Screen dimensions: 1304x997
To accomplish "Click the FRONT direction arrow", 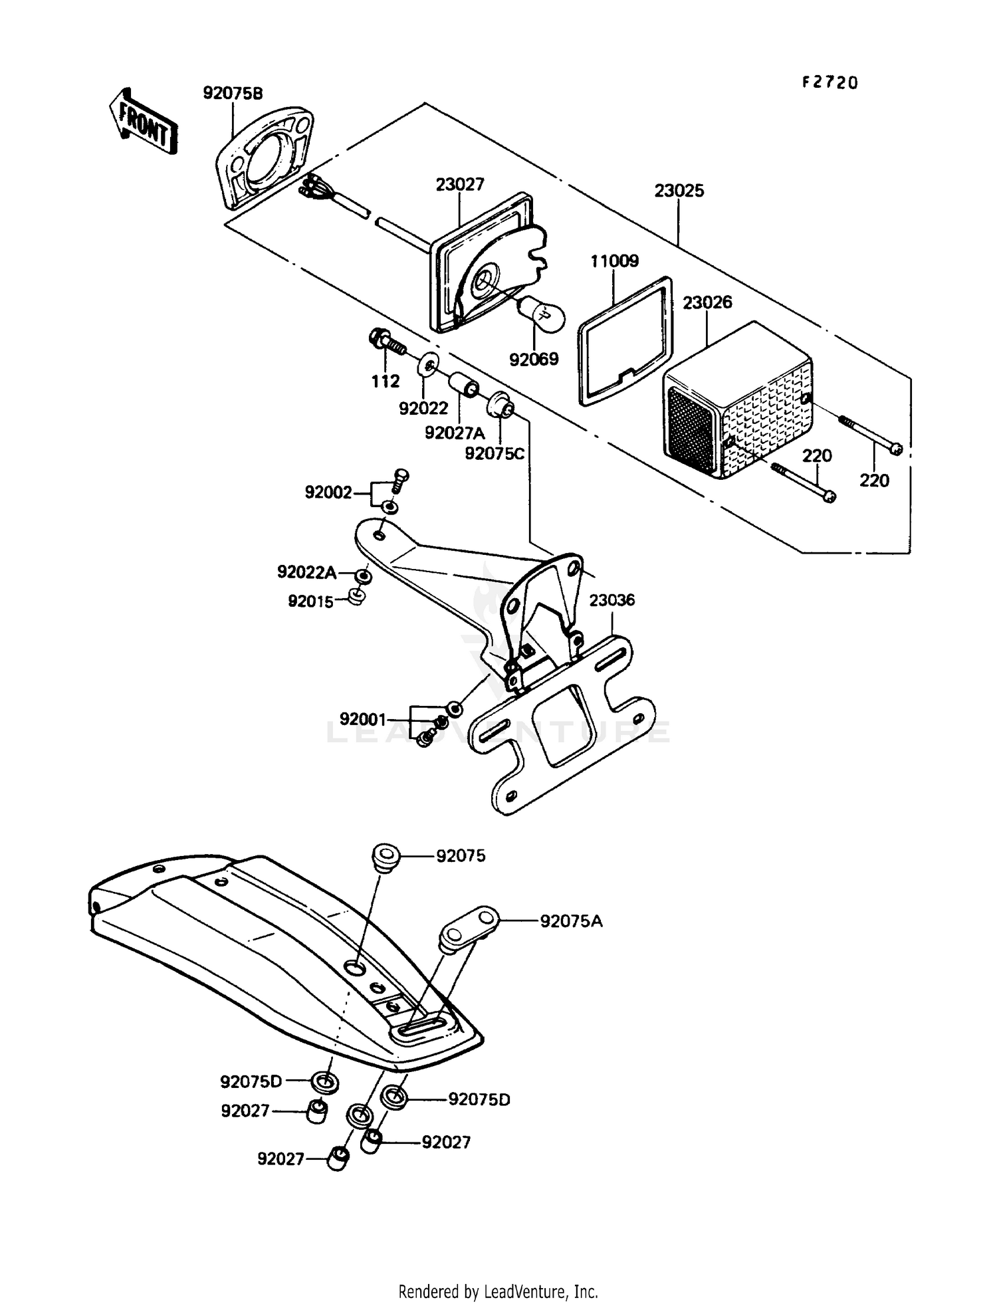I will click(143, 120).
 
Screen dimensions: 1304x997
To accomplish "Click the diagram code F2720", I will click(830, 82).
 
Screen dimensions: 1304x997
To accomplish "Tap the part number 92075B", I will click(233, 94).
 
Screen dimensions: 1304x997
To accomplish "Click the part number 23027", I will click(460, 184).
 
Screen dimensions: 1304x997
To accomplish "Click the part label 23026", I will click(707, 302).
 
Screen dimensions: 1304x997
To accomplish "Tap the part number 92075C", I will click(495, 454).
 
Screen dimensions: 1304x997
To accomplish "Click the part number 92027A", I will click(455, 433).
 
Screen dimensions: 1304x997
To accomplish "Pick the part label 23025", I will click(679, 191).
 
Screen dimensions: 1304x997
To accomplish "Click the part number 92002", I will click(328, 492).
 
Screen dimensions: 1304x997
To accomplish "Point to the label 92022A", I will click(306, 572).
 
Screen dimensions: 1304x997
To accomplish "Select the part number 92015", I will click(310, 601).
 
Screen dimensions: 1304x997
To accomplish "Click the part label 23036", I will click(612, 600).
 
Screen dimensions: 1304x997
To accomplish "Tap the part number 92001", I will click(363, 719).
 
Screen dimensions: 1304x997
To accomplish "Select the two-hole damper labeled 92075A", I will click(468, 924).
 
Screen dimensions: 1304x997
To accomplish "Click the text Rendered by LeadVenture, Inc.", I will click(498, 1291).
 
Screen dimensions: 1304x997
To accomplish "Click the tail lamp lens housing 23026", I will click(738, 405).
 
